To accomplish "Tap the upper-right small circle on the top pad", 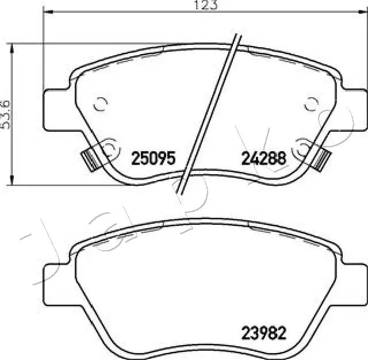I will [311, 104].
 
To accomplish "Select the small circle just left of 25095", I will [108, 148].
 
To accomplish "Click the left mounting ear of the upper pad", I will [57, 104].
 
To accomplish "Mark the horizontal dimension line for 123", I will [115, 13].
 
